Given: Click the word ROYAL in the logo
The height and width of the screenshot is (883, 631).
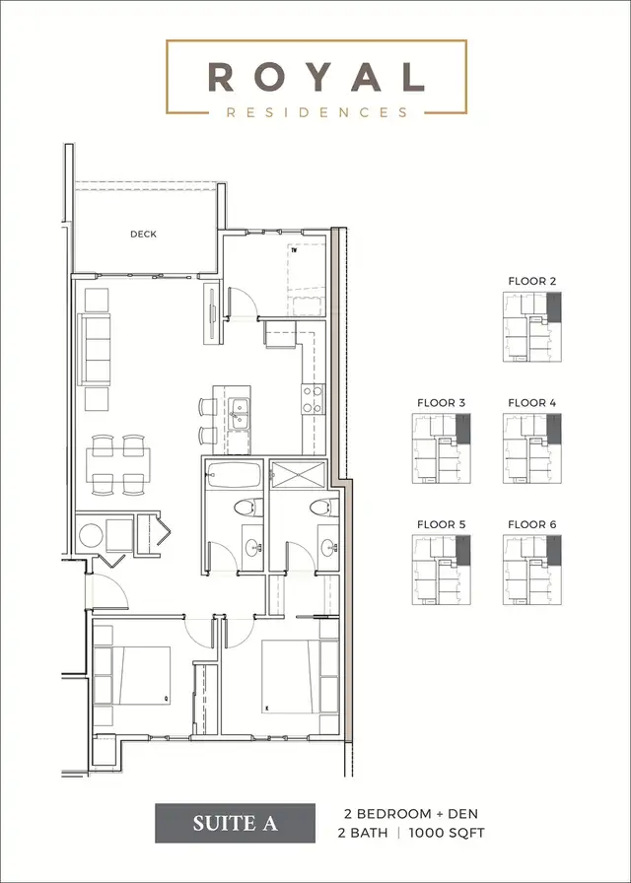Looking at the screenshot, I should pos(315,77).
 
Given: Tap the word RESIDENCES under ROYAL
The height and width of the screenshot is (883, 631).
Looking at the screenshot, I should pos(316,112).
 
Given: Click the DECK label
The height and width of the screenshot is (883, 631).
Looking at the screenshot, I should pos(144,235).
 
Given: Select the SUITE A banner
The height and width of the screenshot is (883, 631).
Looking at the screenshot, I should pos(235,824).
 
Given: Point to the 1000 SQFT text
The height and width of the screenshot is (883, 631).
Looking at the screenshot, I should pos(454,834).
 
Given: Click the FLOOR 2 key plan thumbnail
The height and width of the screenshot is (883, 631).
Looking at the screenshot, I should pos(532,327).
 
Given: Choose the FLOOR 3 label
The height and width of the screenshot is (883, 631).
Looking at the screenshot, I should pos(442,403).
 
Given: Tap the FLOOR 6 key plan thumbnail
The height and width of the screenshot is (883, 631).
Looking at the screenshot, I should pos(532,571).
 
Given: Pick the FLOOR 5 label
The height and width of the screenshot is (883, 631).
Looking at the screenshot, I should pos(442,525).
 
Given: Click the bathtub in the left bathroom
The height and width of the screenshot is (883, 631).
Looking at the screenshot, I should pos(235,475).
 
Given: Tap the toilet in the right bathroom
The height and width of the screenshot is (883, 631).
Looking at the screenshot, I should pos(317,509).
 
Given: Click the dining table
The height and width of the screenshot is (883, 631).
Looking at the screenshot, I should pos(118,463).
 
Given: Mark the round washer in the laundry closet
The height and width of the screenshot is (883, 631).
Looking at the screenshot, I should pos(92,536).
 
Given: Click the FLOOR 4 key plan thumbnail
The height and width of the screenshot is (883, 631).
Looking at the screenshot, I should pos(532,448).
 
